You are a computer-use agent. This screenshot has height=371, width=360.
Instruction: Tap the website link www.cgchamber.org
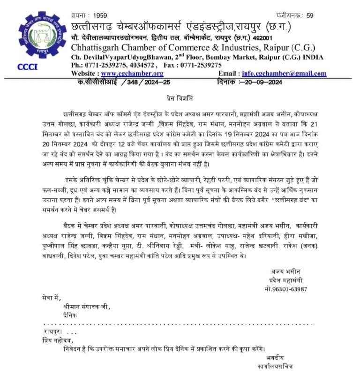132,74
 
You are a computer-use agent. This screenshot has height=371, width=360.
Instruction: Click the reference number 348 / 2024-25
145,82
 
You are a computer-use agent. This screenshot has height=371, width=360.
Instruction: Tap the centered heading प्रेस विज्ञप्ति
180,98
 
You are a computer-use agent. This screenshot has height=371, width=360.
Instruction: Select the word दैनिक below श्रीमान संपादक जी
70,315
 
